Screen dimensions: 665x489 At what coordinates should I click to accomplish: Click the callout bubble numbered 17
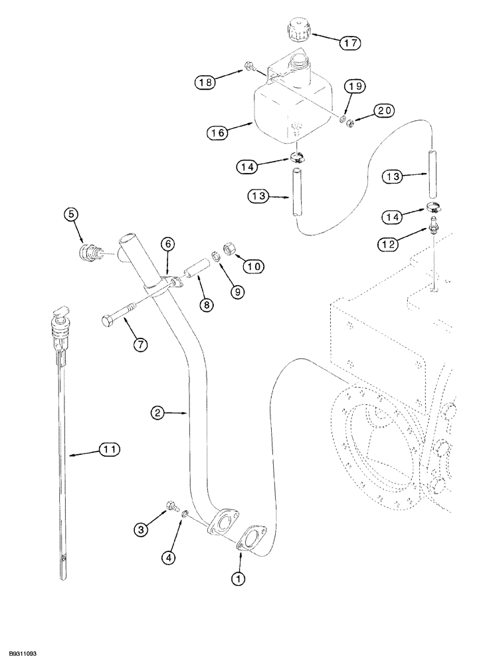click(349, 43)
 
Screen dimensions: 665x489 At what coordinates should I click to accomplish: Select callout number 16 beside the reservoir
click(220, 133)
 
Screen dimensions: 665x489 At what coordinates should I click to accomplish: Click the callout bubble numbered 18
click(205, 83)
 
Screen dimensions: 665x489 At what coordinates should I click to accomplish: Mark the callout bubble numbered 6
click(167, 245)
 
